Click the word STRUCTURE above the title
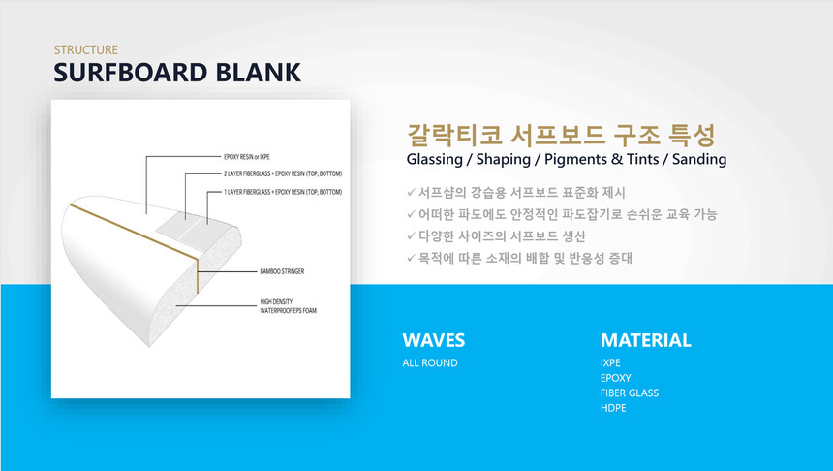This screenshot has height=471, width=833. [85, 50]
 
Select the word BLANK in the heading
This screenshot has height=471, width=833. [259, 73]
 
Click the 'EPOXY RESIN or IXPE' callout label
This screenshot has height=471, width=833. [246, 157]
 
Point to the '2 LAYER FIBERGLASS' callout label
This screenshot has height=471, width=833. [283, 173]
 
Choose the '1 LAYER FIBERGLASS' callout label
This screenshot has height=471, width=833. [283, 192]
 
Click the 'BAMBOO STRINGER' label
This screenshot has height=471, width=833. [282, 271]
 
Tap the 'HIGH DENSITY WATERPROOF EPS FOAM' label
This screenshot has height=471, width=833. [288, 306]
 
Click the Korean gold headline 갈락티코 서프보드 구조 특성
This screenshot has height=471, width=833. [561, 135]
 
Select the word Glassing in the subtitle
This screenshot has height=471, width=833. [435, 160]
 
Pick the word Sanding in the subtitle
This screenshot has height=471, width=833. [699, 159]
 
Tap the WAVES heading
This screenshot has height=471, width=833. [434, 340]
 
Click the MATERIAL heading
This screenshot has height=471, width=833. [645, 340]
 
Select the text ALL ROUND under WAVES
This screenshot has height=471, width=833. [430, 363]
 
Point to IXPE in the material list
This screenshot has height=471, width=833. [610, 363]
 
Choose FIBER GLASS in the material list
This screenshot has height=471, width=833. [630, 392]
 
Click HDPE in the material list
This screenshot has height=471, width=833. [613, 408]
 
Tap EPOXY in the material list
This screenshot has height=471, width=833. [616, 378]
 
